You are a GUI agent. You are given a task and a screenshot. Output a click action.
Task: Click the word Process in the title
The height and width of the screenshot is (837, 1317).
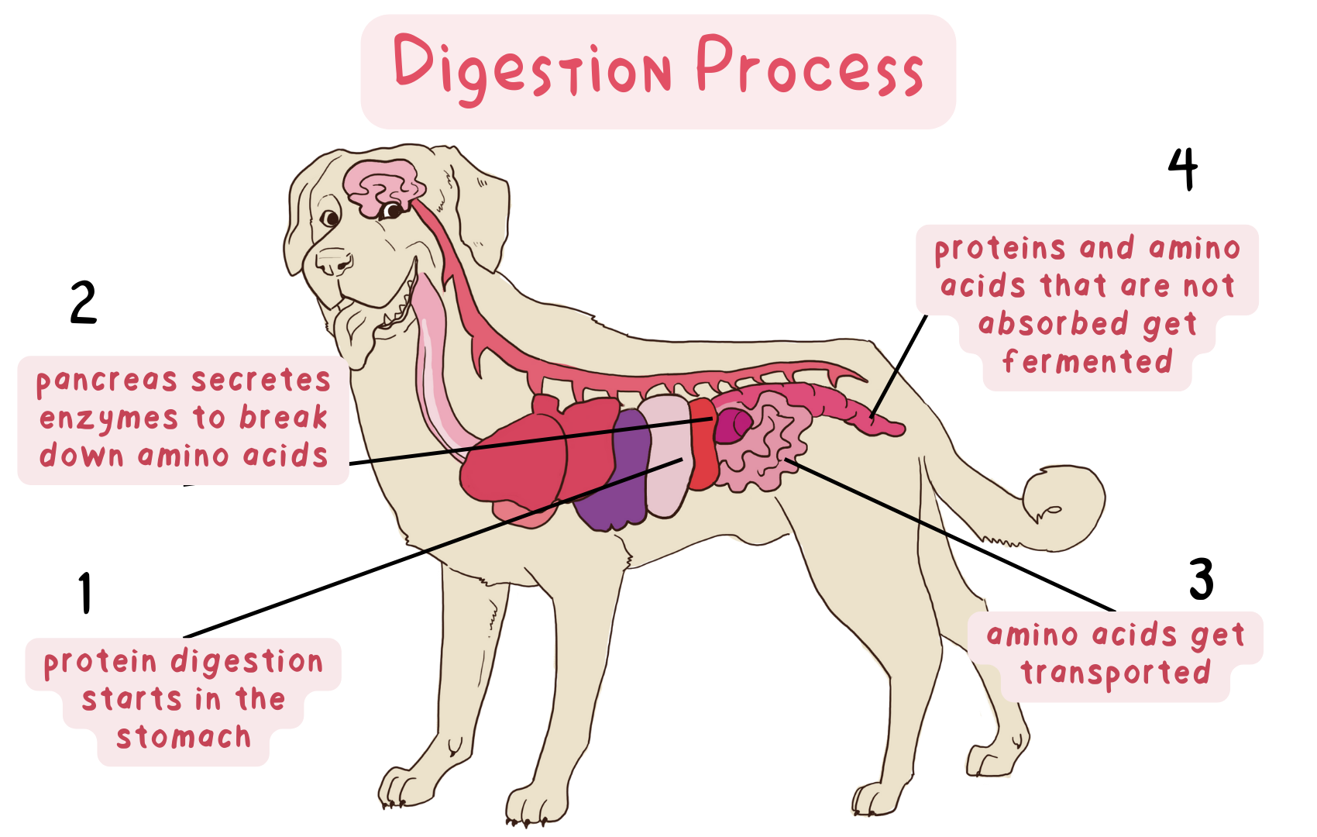pos(810,68)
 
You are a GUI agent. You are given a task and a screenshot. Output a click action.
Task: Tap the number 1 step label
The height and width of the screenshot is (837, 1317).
pos(85,594)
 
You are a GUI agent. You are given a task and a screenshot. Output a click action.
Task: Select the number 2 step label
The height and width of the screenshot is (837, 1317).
pos(84,302)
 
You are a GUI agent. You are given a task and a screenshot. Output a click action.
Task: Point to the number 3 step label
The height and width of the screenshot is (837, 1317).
pos(1201,580)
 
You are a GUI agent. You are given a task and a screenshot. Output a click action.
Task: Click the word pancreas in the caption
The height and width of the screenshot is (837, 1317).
pos(107,381)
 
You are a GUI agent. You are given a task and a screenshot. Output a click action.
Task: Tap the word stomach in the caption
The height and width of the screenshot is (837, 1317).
pos(184,737)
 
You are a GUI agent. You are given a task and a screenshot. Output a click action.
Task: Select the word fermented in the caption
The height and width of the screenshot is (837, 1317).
pos(1087,362)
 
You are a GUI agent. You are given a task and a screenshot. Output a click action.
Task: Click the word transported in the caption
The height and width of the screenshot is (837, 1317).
pos(1116,673)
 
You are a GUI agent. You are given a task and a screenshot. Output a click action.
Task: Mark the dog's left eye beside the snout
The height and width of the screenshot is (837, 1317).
pos(331,219)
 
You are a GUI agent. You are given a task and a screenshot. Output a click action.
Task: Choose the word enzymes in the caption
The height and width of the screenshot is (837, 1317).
pos(108,419)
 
